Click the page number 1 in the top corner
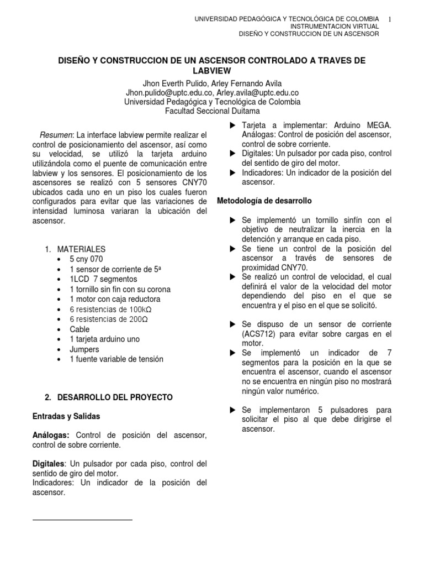390,19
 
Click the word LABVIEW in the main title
212,71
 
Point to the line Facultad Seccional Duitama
212,111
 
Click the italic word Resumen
56,135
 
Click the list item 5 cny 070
86,259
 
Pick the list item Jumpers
84,349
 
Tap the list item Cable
79,329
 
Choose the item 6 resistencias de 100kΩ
109,310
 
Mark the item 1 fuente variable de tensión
116,359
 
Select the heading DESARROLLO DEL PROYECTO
115,397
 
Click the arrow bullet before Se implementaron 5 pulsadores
232,410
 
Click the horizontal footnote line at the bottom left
83,520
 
